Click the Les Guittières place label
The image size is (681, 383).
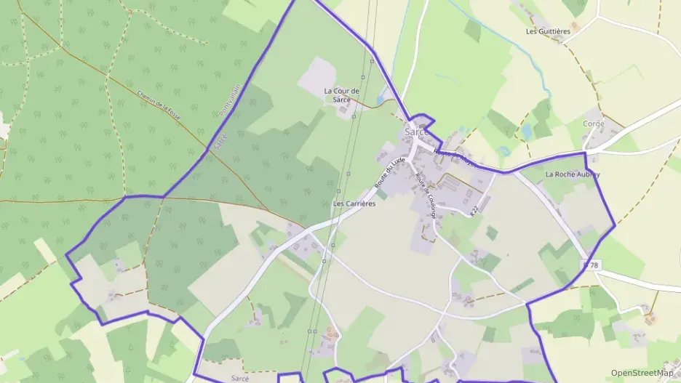pyautogui.click(x=548, y=32)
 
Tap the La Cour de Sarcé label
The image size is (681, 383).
pyautogui.click(x=337, y=94)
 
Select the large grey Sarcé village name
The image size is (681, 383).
pyautogui.click(x=417, y=132)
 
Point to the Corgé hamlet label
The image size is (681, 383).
pyautogui.click(x=594, y=124)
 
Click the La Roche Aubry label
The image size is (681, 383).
pyautogui.click(x=573, y=174)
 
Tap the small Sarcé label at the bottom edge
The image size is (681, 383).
pyautogui.click(x=240, y=379)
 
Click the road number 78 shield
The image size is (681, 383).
pyautogui.click(x=592, y=265)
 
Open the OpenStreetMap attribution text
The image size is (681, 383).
pyautogui.click(x=642, y=373)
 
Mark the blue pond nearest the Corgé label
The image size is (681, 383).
pyautogui.click(x=527, y=131)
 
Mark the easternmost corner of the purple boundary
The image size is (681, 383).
pyautogui.click(x=616, y=225)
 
